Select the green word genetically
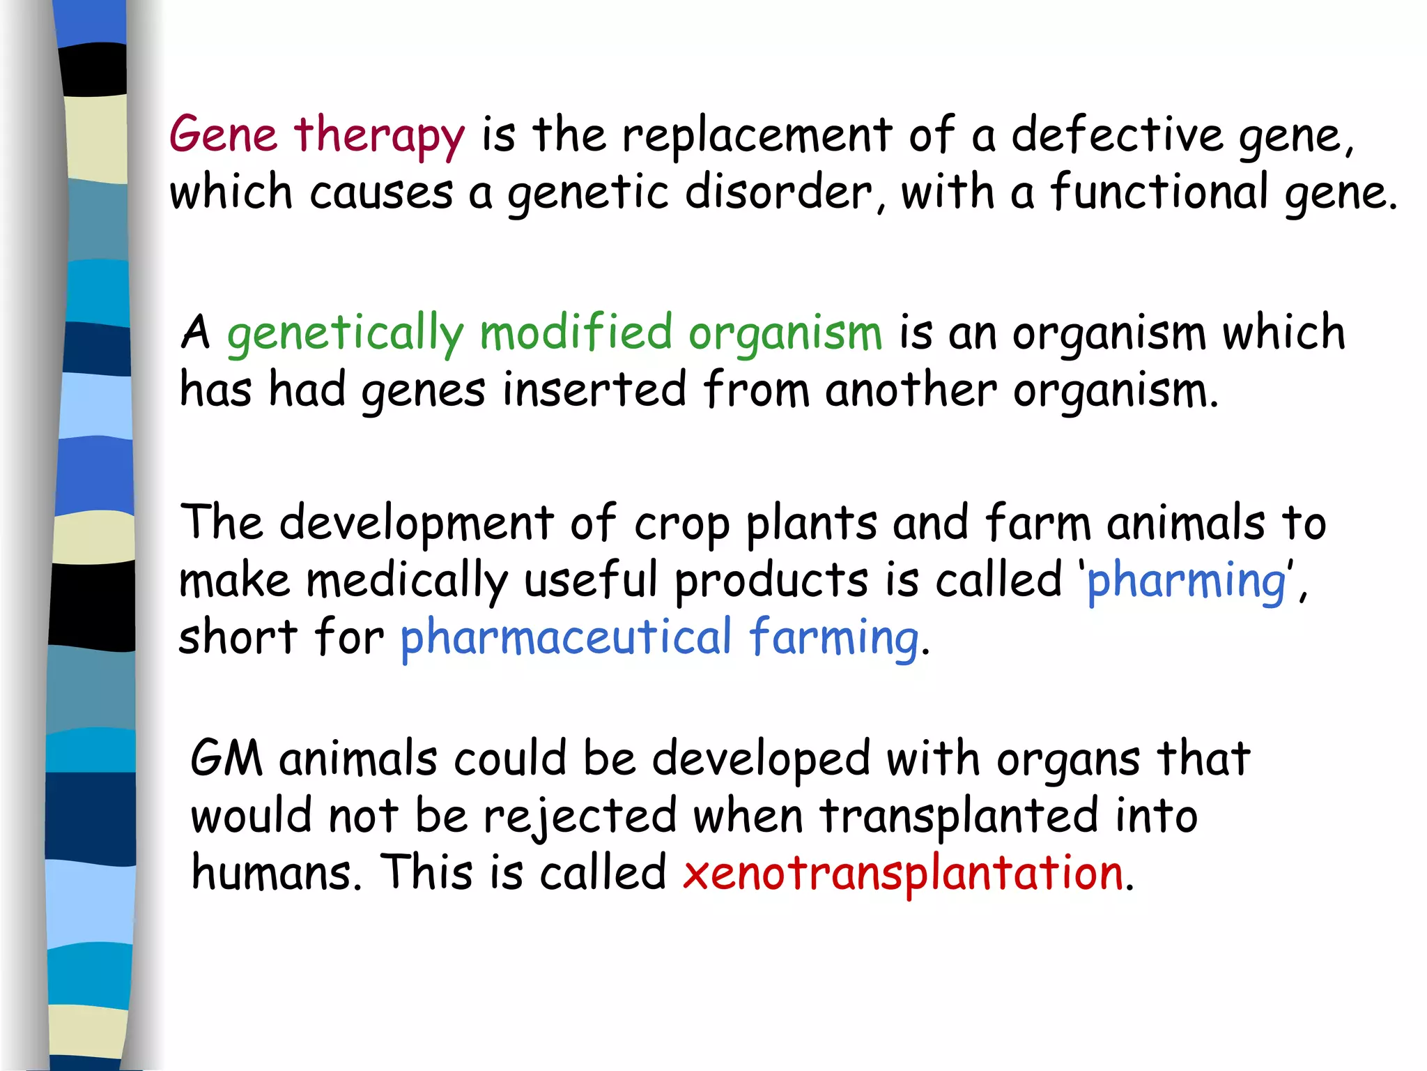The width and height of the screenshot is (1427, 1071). (x=345, y=335)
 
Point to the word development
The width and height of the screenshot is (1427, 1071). (x=416, y=524)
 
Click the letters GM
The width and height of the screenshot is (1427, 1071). (x=226, y=759)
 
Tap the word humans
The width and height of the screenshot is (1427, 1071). (x=276, y=873)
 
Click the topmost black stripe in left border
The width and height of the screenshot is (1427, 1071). (x=93, y=70)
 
